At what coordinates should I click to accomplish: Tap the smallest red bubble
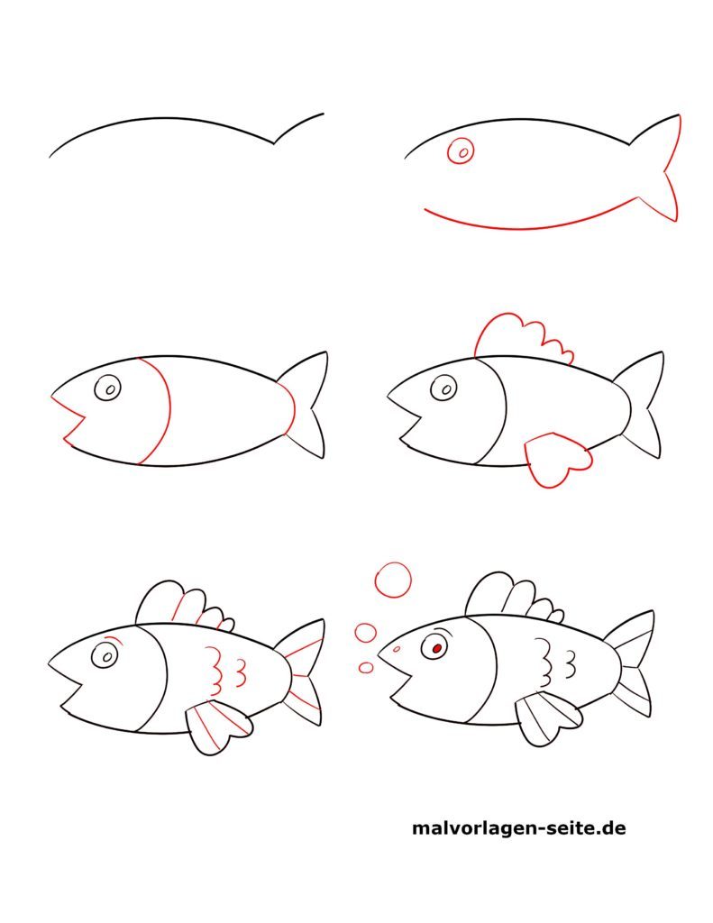(x=366, y=668)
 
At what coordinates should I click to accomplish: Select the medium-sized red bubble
(x=365, y=633)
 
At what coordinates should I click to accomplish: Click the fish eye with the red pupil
(x=436, y=646)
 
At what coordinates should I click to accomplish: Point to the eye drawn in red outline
(x=462, y=152)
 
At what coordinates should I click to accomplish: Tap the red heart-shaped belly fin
(x=556, y=459)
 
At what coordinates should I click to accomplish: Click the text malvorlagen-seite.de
(x=518, y=827)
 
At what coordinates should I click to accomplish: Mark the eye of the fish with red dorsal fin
(x=443, y=388)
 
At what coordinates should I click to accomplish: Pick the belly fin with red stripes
(x=216, y=727)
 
